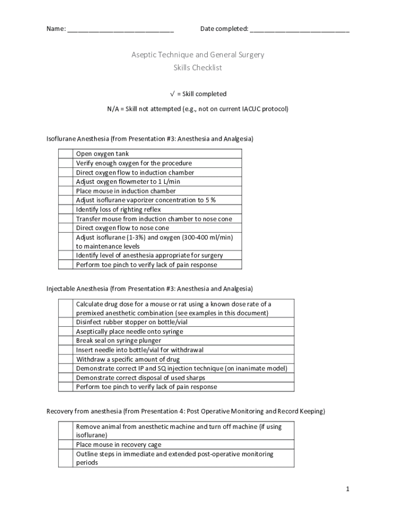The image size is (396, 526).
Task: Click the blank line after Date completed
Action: click(299, 29)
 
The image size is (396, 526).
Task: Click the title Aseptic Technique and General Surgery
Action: click(197, 54)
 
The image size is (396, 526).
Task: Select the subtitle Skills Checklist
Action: click(197, 68)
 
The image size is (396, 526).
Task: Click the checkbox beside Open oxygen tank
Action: click(65, 154)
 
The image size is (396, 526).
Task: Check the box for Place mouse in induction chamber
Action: click(65, 191)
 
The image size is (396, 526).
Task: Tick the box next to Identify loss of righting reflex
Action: click(65, 210)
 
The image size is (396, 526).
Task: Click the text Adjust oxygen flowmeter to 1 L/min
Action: click(128, 182)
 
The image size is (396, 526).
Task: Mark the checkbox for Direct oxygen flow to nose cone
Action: click(65, 228)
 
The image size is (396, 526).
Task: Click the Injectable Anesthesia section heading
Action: click(150, 289)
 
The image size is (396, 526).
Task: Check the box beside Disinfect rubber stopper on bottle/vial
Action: click(65, 322)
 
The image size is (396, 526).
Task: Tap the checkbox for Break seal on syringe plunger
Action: click(65, 341)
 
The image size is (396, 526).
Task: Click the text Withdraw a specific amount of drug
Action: click(128, 360)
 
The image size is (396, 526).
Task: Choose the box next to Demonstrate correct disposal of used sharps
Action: click(65, 378)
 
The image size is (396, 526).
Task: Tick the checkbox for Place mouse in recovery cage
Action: click(65, 445)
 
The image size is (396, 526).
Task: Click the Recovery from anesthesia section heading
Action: click(186, 411)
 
